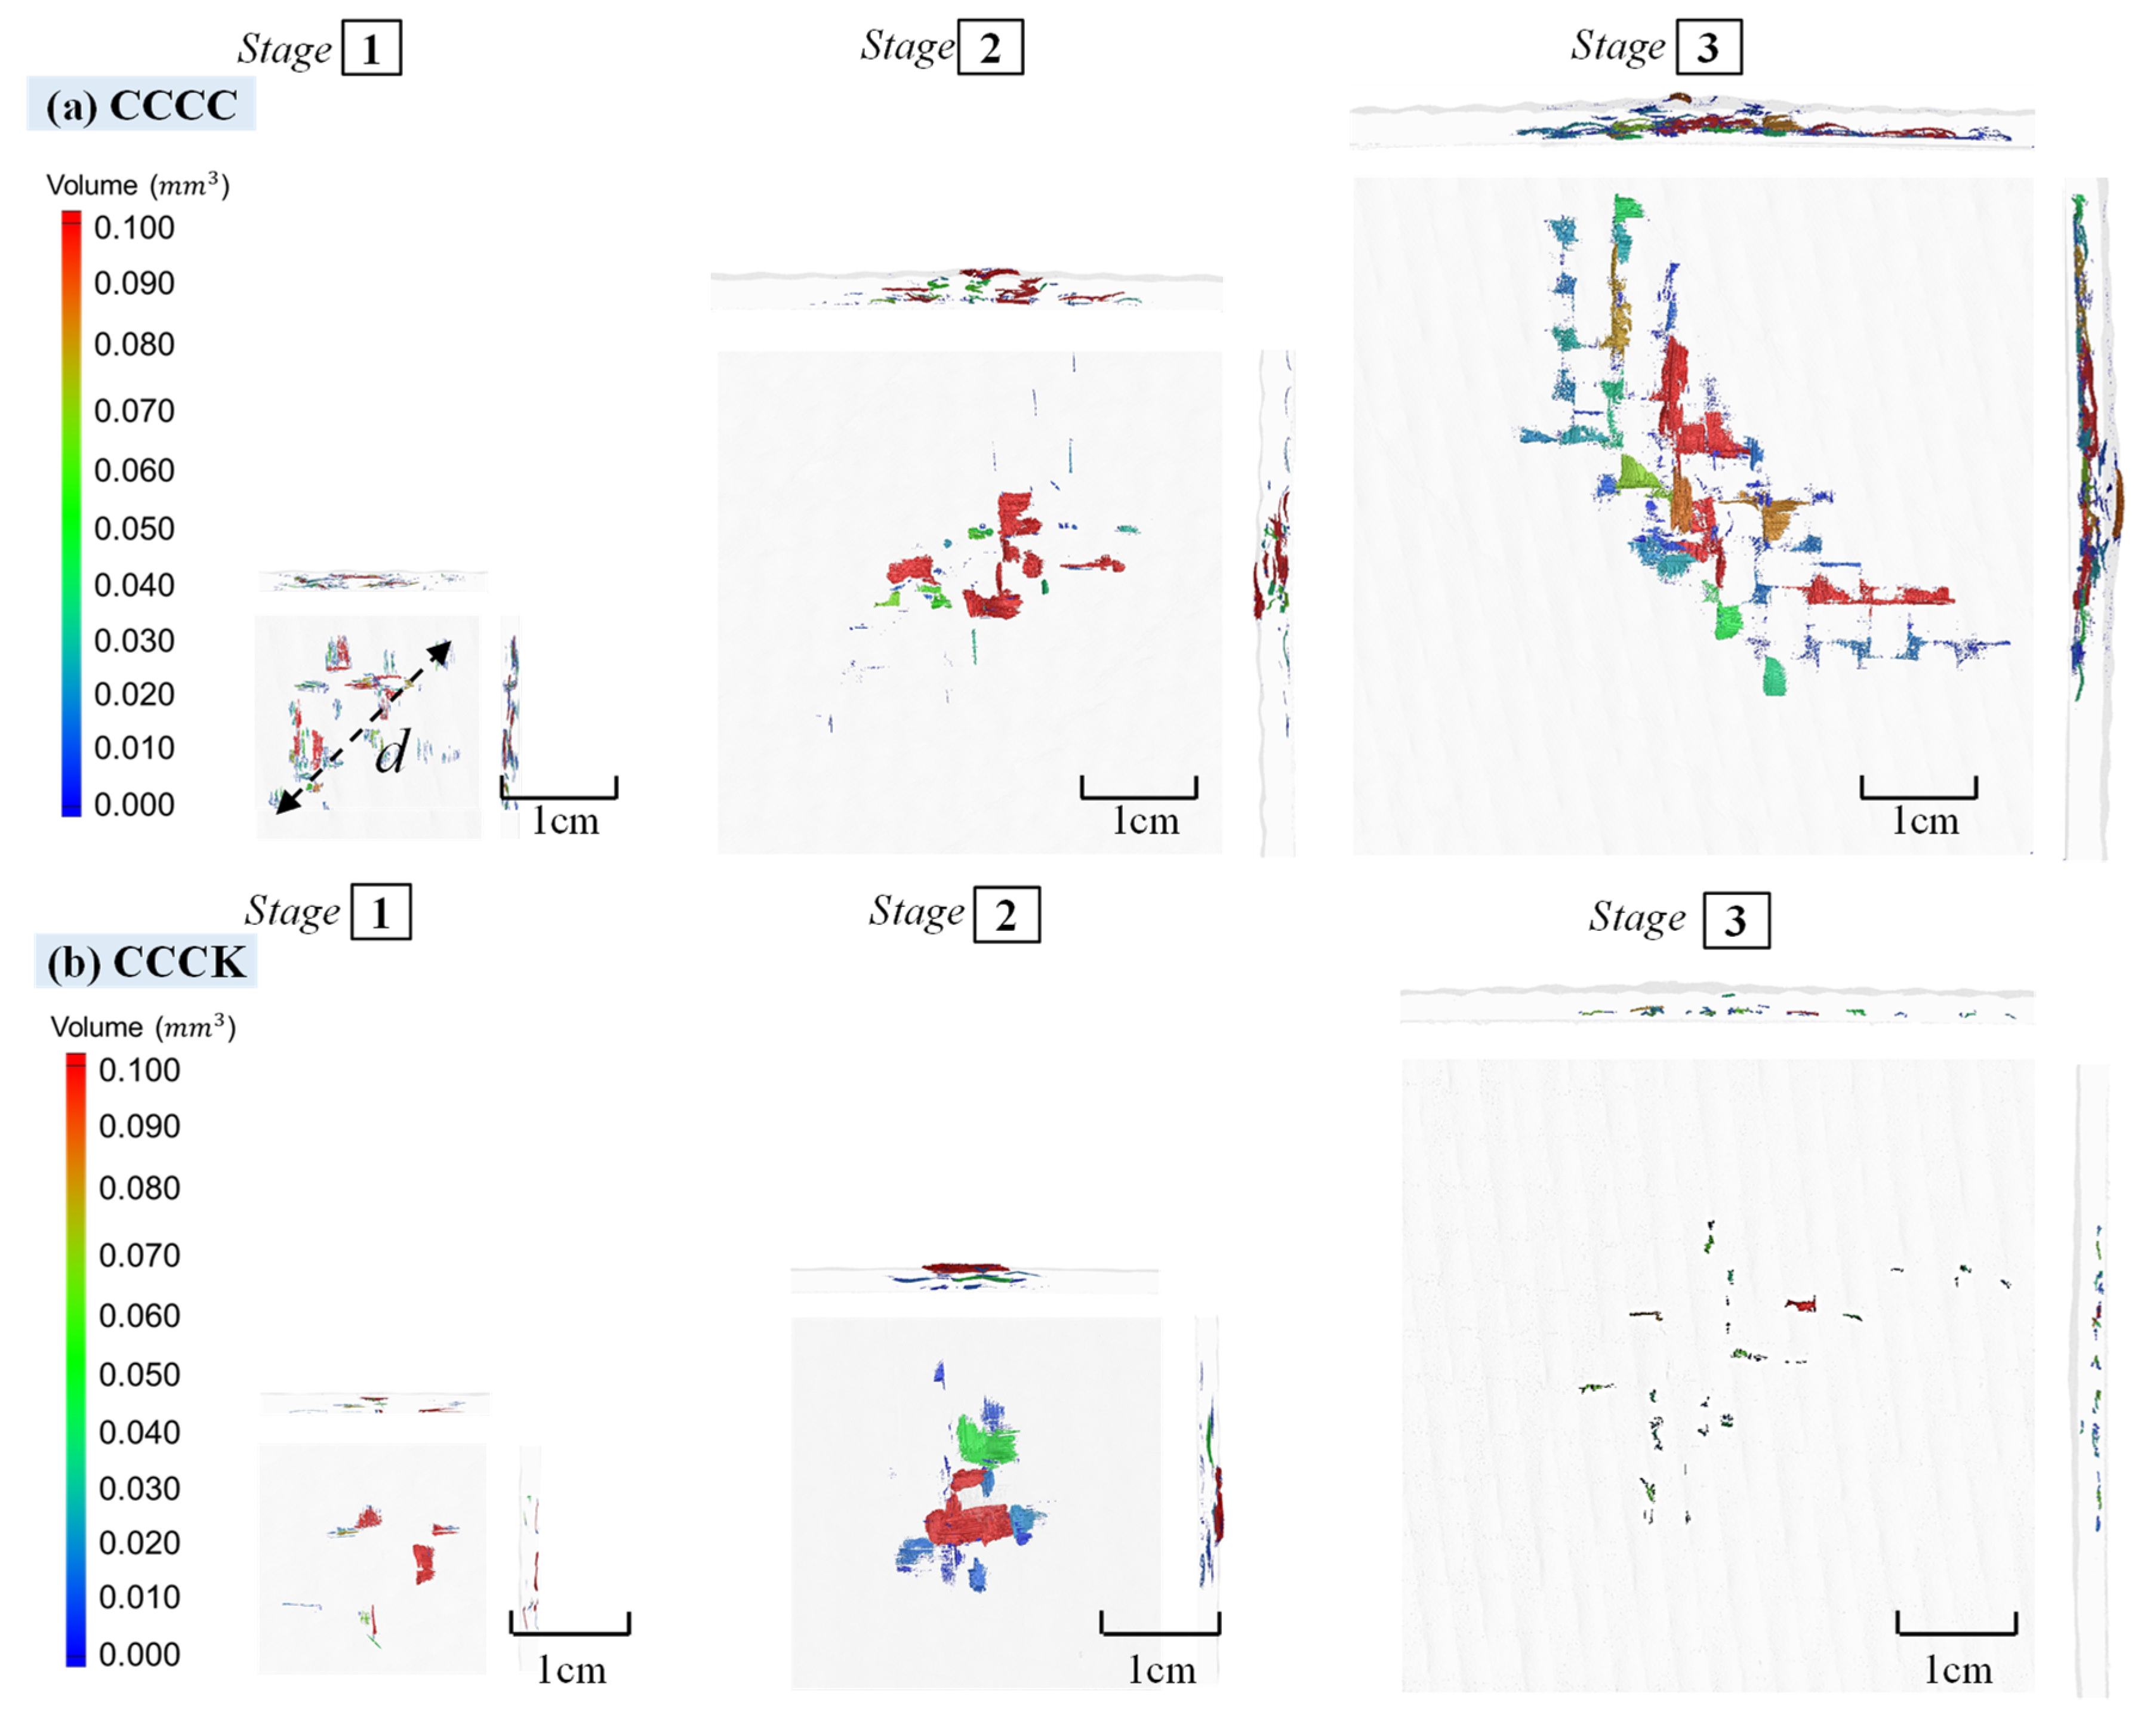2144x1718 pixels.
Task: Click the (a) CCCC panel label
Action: pyautogui.click(x=141, y=104)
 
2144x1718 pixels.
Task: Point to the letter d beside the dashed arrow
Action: pyautogui.click(x=392, y=752)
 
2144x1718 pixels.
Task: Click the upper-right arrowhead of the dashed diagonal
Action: pyautogui.click(x=440, y=652)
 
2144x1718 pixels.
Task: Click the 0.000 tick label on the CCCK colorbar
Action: pyautogui.click(x=139, y=1654)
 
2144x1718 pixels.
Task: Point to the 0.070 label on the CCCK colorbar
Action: pyautogui.click(x=139, y=1255)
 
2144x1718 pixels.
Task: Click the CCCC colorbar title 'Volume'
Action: pyautogui.click(x=91, y=185)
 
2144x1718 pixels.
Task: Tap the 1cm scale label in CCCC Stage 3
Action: pyautogui.click(x=1924, y=821)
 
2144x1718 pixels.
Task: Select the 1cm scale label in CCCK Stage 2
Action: pyautogui.click(x=1160, y=1670)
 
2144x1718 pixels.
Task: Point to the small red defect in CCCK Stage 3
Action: pyautogui.click(x=1801, y=1304)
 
